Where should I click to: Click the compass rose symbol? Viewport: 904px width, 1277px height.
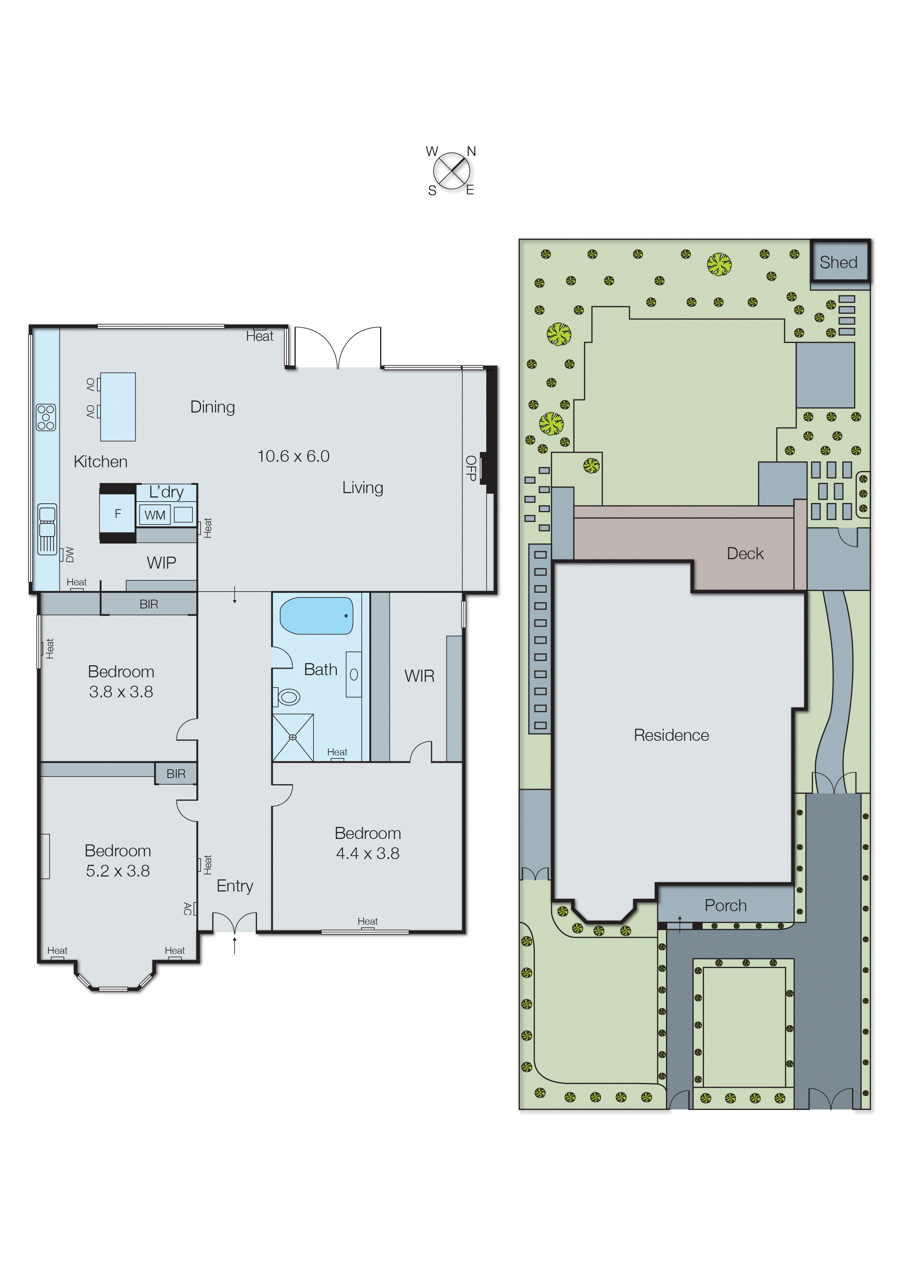tap(451, 170)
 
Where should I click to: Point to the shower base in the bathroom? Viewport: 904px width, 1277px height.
tap(293, 738)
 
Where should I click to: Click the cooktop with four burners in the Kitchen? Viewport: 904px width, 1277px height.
tap(46, 418)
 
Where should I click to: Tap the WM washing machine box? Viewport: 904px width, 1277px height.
tap(155, 515)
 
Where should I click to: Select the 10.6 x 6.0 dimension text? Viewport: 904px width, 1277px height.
tap(293, 456)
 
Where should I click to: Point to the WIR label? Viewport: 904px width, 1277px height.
tap(419, 676)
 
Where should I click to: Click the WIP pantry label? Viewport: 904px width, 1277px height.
tap(161, 563)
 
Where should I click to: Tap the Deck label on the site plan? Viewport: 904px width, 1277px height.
tap(745, 554)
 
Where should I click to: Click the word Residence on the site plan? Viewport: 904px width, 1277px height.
tap(671, 735)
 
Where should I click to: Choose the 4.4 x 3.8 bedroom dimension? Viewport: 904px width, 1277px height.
tap(367, 853)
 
